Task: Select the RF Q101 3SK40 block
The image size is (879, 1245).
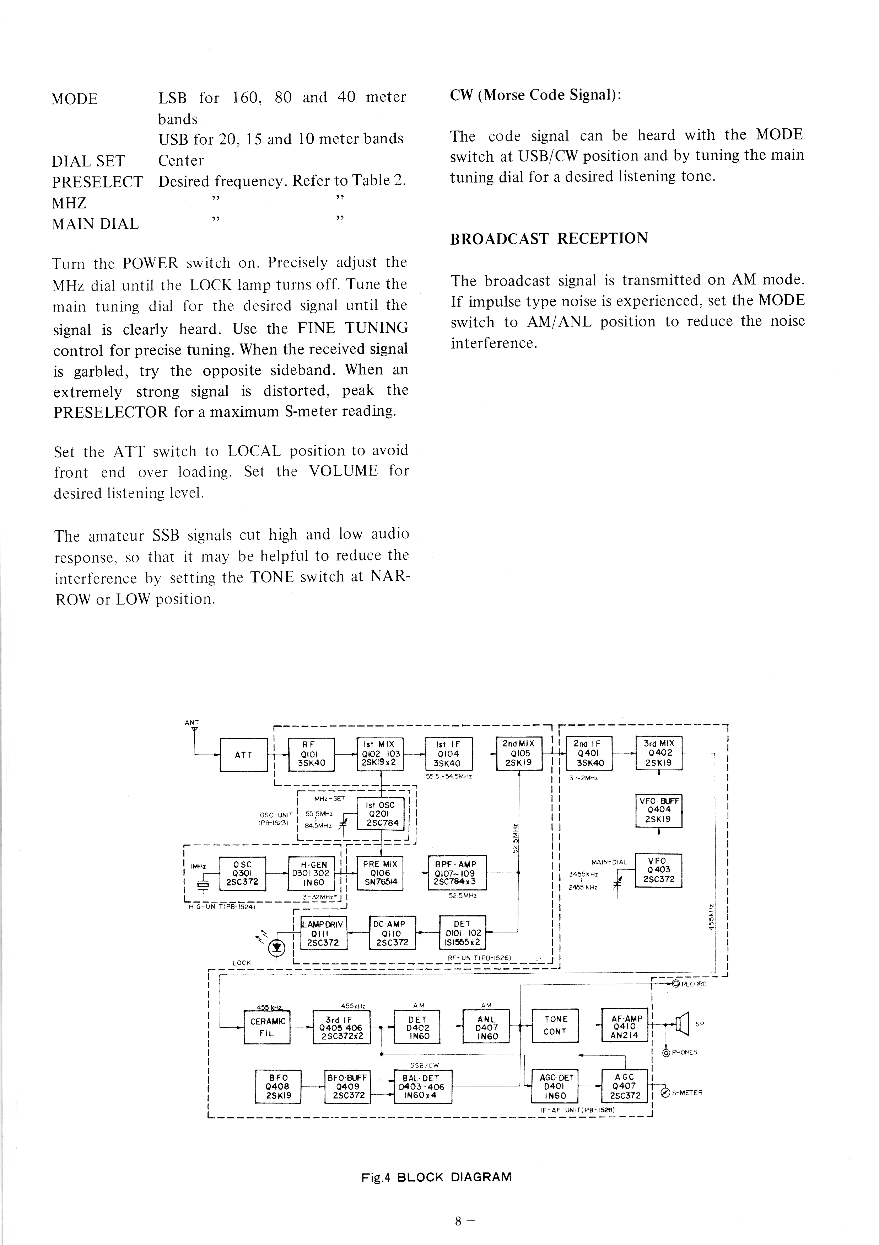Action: click(311, 754)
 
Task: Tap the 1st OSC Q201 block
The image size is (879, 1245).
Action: click(381, 813)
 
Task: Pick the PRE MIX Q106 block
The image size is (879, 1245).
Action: click(381, 872)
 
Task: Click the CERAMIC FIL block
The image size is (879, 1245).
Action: click(266, 1027)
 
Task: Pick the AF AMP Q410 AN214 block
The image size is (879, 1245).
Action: click(625, 1025)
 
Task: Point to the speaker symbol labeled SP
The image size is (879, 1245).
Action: click(681, 1024)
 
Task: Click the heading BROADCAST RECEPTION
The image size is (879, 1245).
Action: click(549, 239)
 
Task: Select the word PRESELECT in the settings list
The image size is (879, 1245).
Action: click(97, 182)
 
